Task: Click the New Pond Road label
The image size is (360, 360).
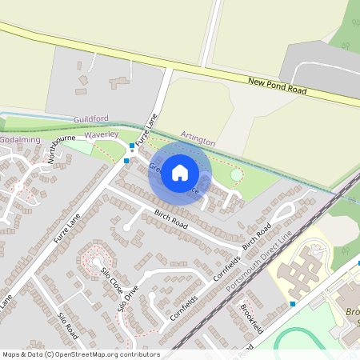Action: [277, 86]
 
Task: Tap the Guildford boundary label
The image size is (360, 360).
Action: [90, 118]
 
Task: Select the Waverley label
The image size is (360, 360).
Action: [102, 135]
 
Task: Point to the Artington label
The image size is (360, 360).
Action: [198, 140]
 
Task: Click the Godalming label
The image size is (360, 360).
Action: [19, 139]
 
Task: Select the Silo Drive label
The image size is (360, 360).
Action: [128, 297]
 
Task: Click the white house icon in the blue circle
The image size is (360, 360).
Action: [180, 173]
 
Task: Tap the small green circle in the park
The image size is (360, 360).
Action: [236, 174]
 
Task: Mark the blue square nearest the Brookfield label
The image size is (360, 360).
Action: [293, 304]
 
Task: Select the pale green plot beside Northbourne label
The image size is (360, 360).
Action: [79, 148]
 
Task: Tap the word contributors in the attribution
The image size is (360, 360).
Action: [138, 354]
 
